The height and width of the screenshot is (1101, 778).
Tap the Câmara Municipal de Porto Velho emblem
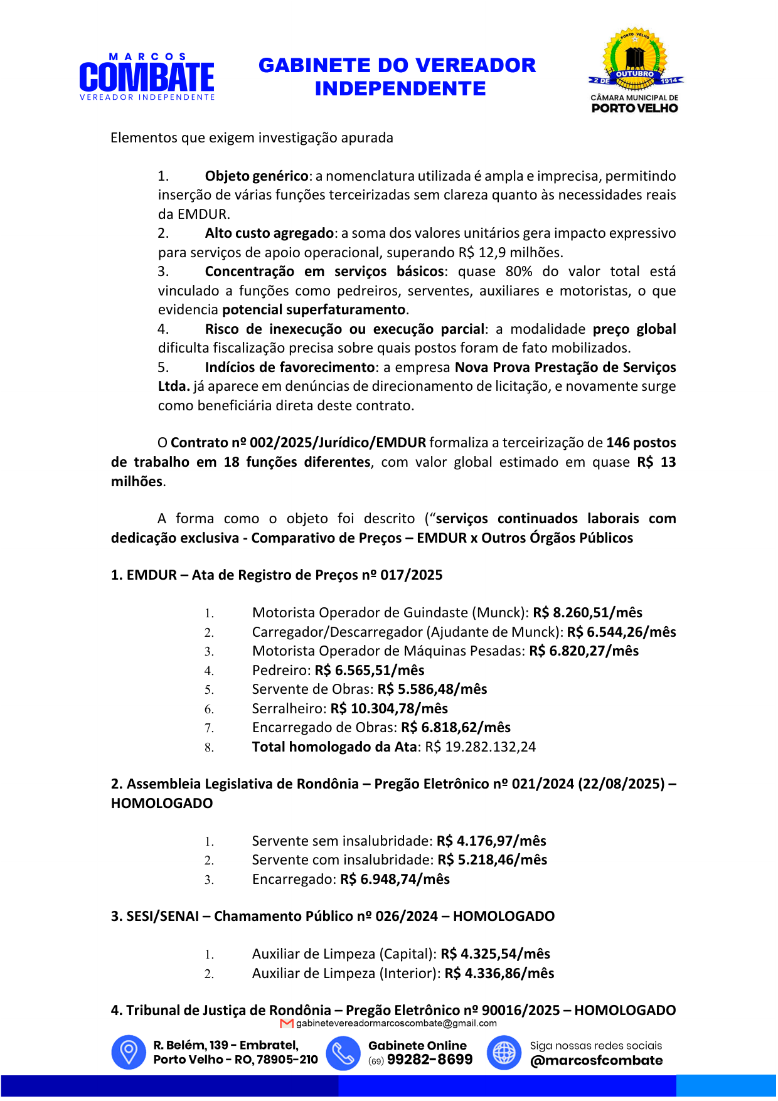[635, 70]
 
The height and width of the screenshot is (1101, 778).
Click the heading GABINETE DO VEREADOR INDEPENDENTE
[397, 77]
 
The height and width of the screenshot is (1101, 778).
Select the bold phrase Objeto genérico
[257, 176]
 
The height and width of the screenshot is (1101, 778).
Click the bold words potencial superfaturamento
[314, 310]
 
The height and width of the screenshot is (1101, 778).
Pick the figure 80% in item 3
[518, 272]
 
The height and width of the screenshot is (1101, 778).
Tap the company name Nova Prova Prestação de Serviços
[565, 368]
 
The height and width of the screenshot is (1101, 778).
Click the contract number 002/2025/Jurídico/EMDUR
[338, 443]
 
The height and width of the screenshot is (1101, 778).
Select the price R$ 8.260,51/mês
[587, 613]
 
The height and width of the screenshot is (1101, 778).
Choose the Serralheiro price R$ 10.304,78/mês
[389, 709]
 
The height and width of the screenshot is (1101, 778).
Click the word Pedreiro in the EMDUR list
[280, 671]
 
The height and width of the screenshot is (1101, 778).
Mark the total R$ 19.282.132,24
[480, 747]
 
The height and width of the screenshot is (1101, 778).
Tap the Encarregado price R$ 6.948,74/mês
[395, 880]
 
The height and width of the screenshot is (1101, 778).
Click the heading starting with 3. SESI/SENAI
[333, 917]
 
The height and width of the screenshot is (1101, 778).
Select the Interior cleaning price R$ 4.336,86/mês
[499, 974]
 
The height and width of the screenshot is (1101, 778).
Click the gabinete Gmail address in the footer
[396, 1023]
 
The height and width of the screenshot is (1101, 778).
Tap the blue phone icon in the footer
[343, 1053]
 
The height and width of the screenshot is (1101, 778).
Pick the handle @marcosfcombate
[596, 1061]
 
